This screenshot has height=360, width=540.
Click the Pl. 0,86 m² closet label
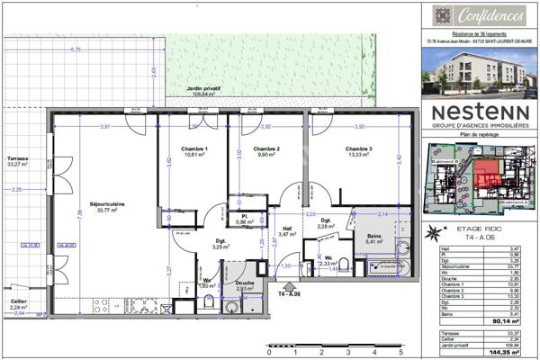click(x=242, y=219)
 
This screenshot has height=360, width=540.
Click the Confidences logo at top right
click(x=481, y=15)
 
